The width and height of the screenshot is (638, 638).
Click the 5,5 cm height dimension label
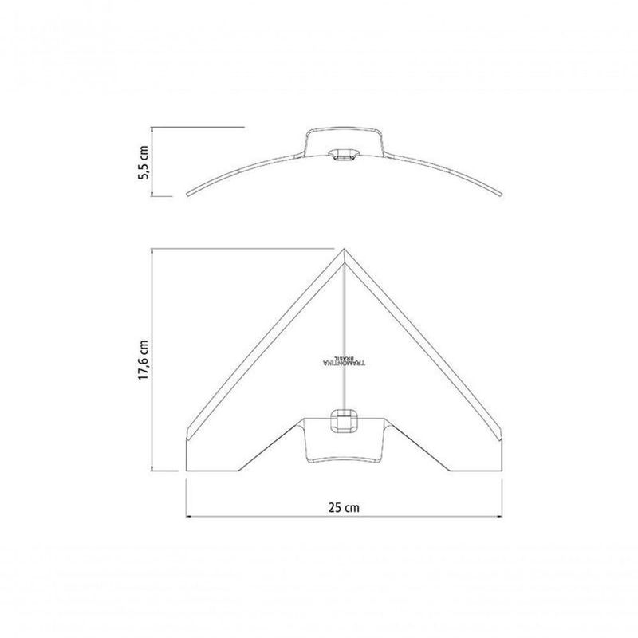pos(143,161)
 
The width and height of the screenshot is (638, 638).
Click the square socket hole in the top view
pos(345,420)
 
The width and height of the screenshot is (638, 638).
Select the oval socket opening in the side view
pos(345,153)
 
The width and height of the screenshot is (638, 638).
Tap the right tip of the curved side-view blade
pos(502,194)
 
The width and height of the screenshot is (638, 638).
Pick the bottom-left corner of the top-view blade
pos(187,471)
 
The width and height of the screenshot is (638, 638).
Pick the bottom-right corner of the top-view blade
pos(502,471)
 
